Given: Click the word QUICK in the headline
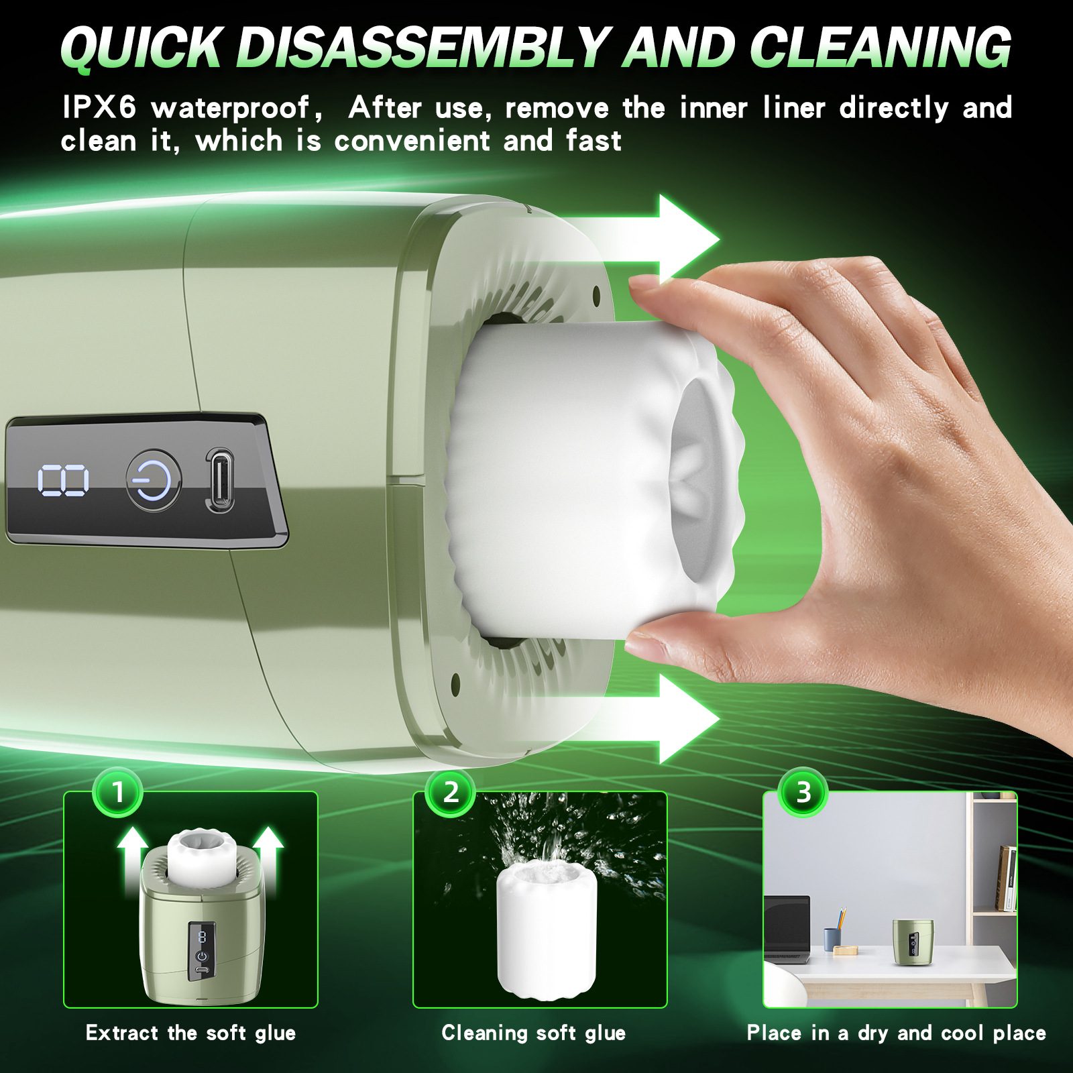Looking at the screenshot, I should [141, 47].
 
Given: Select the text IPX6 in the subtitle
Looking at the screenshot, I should [99, 108].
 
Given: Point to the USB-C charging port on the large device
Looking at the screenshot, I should [219, 480].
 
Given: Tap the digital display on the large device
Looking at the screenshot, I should [63, 481].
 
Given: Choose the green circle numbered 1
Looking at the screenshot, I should [118, 793].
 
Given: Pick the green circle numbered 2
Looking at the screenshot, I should [451, 793].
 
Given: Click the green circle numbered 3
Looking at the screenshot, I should [803, 793].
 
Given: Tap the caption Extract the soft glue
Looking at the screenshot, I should [191, 1033].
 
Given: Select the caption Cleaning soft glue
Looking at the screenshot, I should [534, 1033].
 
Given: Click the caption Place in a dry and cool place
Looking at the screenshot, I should [896, 1033].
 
